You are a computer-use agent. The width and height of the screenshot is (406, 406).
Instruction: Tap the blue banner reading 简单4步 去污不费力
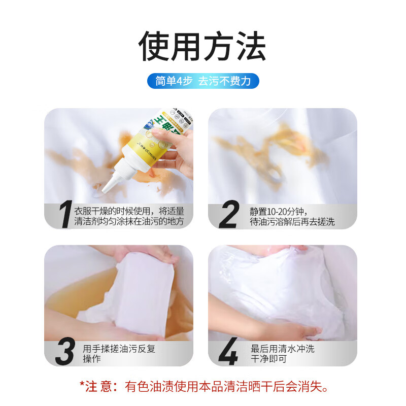pyautogui.click(x=203, y=81)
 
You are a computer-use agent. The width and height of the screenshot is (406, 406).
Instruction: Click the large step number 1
pyautogui.click(x=64, y=216)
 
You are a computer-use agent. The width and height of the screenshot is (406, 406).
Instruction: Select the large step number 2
pyautogui.click(x=228, y=216)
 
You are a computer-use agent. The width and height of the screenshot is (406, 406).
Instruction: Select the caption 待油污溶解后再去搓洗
pyautogui.click(x=292, y=222)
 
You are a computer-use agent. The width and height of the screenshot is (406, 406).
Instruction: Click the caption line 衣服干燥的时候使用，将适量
pyautogui.click(x=129, y=211)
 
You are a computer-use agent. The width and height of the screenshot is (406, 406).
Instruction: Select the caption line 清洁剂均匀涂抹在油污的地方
pyautogui.click(x=129, y=222)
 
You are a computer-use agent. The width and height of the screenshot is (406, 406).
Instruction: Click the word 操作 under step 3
pyautogui.click(x=92, y=359)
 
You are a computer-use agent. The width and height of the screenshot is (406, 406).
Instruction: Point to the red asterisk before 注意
pyautogui.click(x=82, y=385)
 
